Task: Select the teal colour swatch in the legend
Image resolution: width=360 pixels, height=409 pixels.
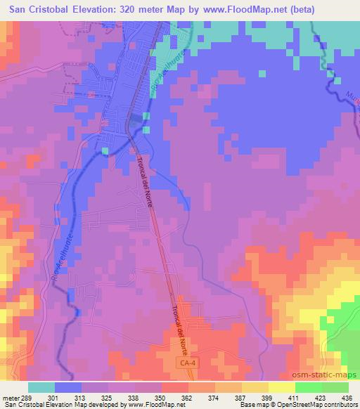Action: click(x=41, y=387)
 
